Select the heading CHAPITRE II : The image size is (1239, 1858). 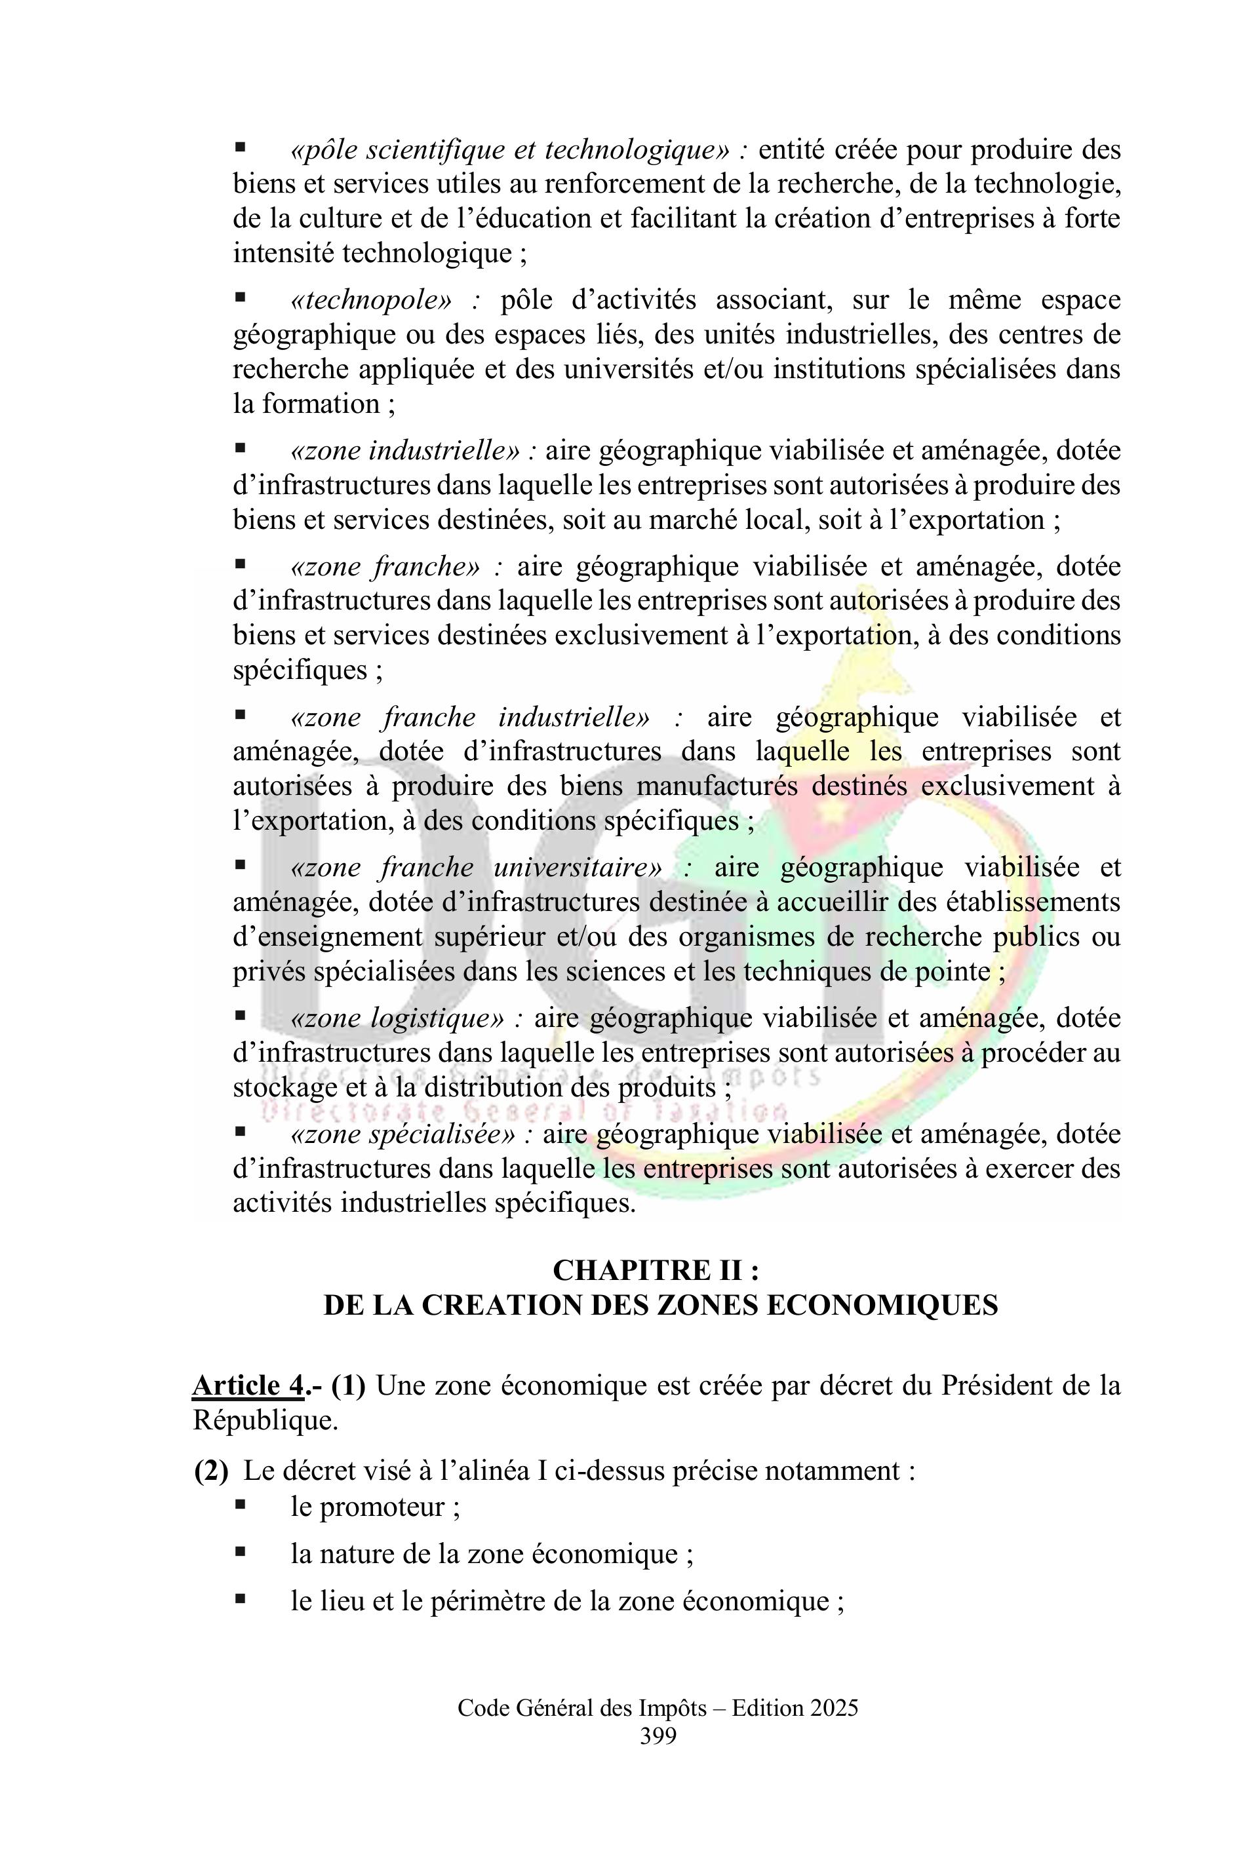coord(657,1270)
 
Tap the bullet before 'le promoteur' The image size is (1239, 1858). coord(240,1505)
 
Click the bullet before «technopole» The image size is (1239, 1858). coord(240,300)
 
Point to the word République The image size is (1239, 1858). coord(265,1420)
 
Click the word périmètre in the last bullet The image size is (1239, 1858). coord(492,1601)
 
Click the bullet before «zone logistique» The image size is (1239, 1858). coord(240,1017)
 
